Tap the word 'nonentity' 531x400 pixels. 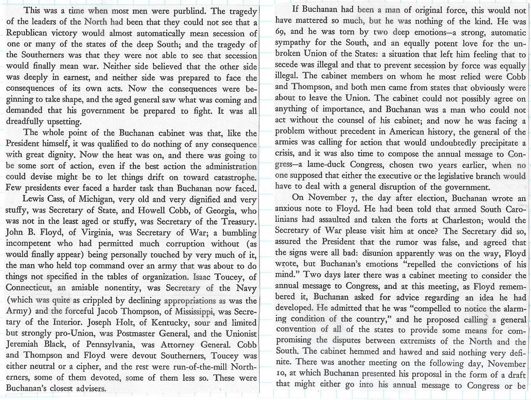121,288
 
